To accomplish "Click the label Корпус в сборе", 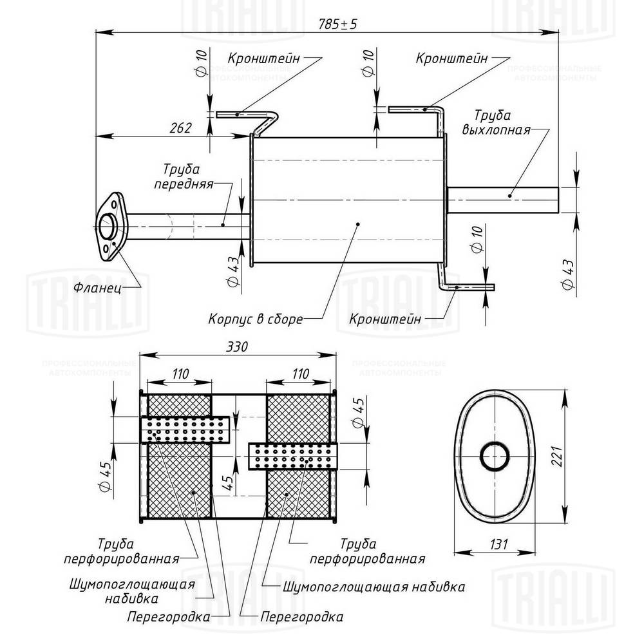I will coord(255,318).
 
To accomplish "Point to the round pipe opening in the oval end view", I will coord(495,456).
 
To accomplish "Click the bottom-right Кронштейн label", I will coord(384,318).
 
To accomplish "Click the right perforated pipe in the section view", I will coord(292,456).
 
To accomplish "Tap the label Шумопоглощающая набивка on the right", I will coord(374,587).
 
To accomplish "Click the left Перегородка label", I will coord(169,617).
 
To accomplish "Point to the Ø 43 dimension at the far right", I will coord(567,275).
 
